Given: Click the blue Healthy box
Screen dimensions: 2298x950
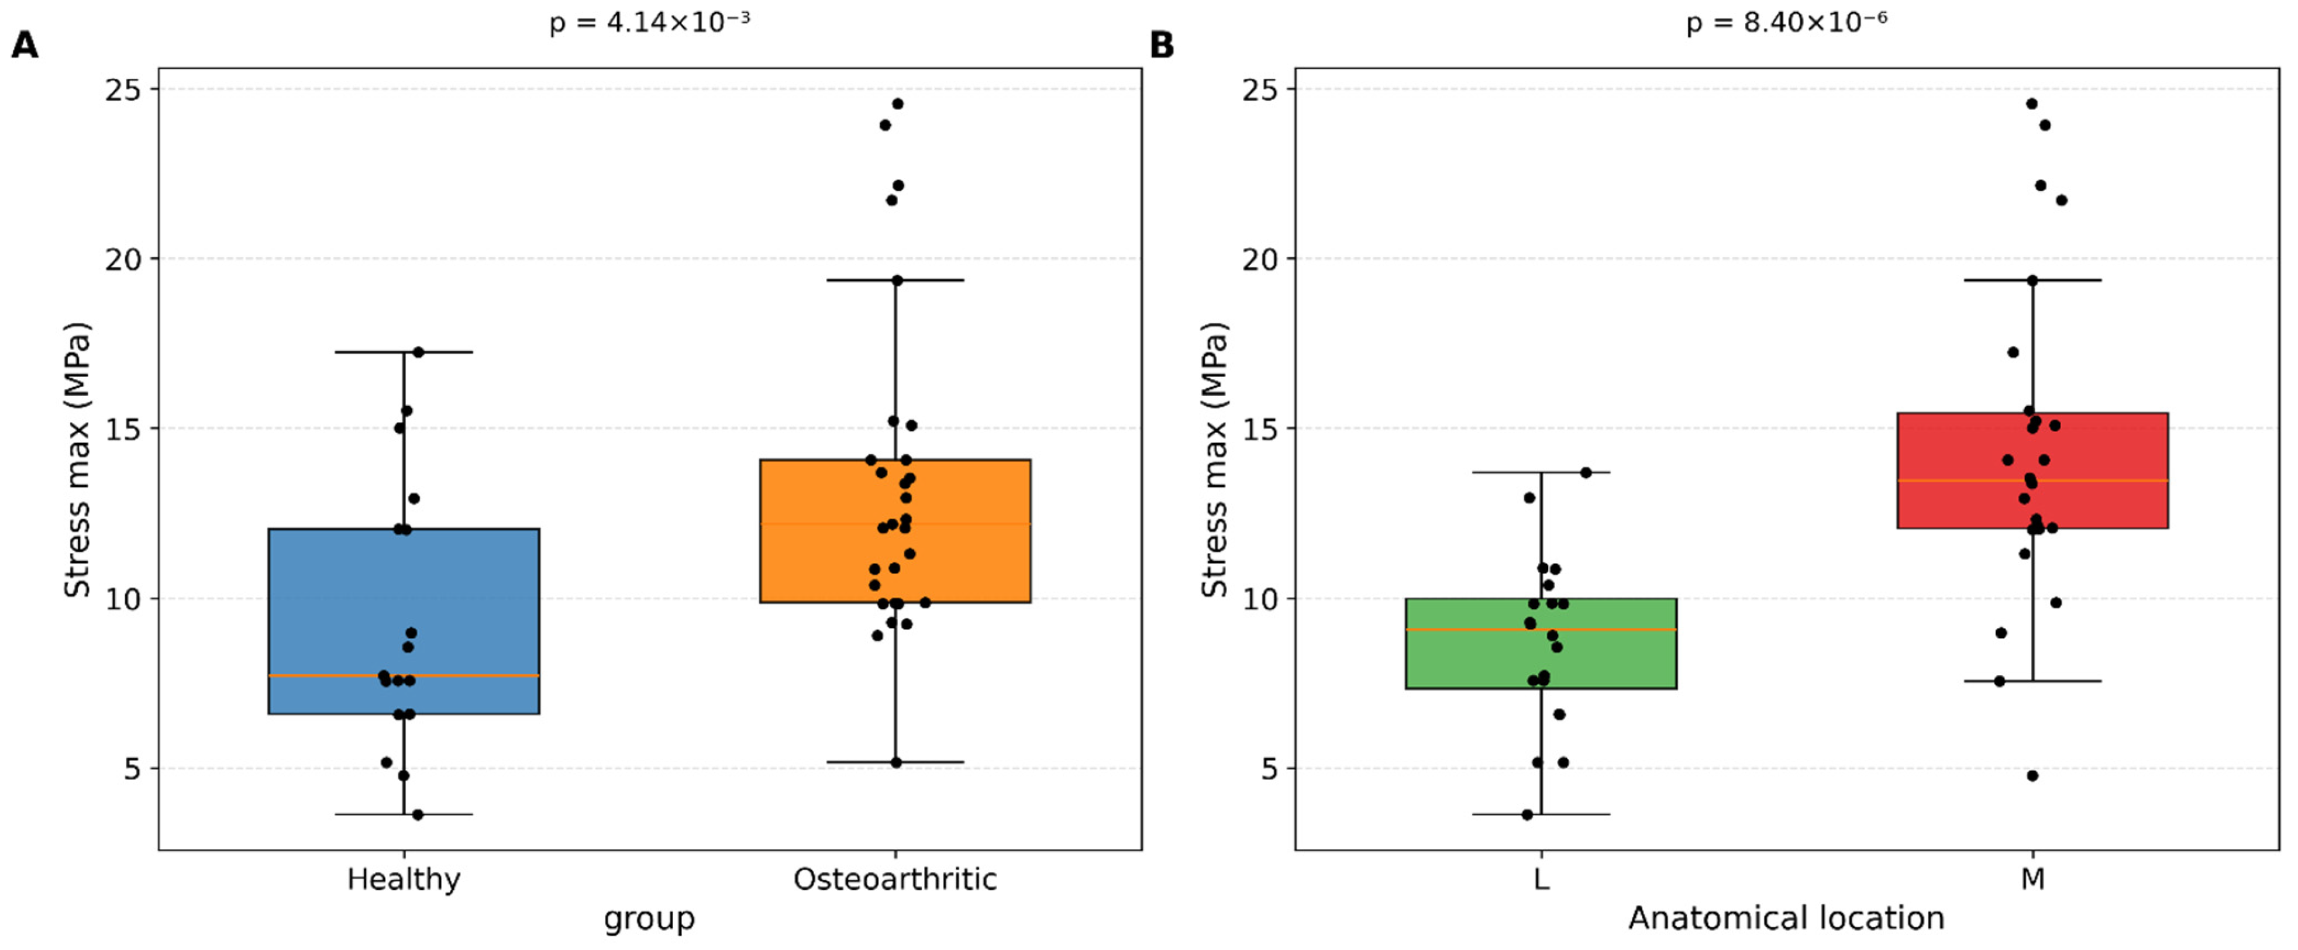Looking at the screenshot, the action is coord(404,621).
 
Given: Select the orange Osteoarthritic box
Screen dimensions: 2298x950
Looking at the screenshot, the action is coord(895,531).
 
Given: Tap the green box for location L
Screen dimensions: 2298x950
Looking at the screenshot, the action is coord(1542,643).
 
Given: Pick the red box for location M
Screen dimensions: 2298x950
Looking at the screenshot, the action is coord(2033,470).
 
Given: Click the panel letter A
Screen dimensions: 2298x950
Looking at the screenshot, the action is coord(25,44).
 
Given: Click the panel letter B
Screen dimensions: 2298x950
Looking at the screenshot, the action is coord(1162,44).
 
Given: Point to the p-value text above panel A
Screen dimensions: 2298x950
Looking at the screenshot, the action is coord(649,22).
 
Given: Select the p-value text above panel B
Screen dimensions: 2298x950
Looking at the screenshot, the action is coord(1787,22).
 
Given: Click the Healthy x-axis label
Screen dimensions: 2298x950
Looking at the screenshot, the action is coord(404,879).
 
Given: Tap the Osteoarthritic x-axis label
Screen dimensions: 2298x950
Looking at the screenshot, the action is coord(895,879).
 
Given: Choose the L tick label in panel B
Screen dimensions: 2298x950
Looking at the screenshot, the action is coord(1542,879).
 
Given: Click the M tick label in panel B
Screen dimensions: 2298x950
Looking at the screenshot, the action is coord(2033,879).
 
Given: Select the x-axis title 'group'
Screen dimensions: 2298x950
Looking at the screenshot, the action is coord(649,920).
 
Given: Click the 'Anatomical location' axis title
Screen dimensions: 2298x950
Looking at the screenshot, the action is coord(1787,918).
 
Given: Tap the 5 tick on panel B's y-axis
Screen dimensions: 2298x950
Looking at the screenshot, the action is coord(1270,768).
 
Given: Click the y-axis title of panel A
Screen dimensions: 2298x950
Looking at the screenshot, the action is coord(78,460).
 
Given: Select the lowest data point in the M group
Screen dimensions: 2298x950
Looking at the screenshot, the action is coord(2033,776).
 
